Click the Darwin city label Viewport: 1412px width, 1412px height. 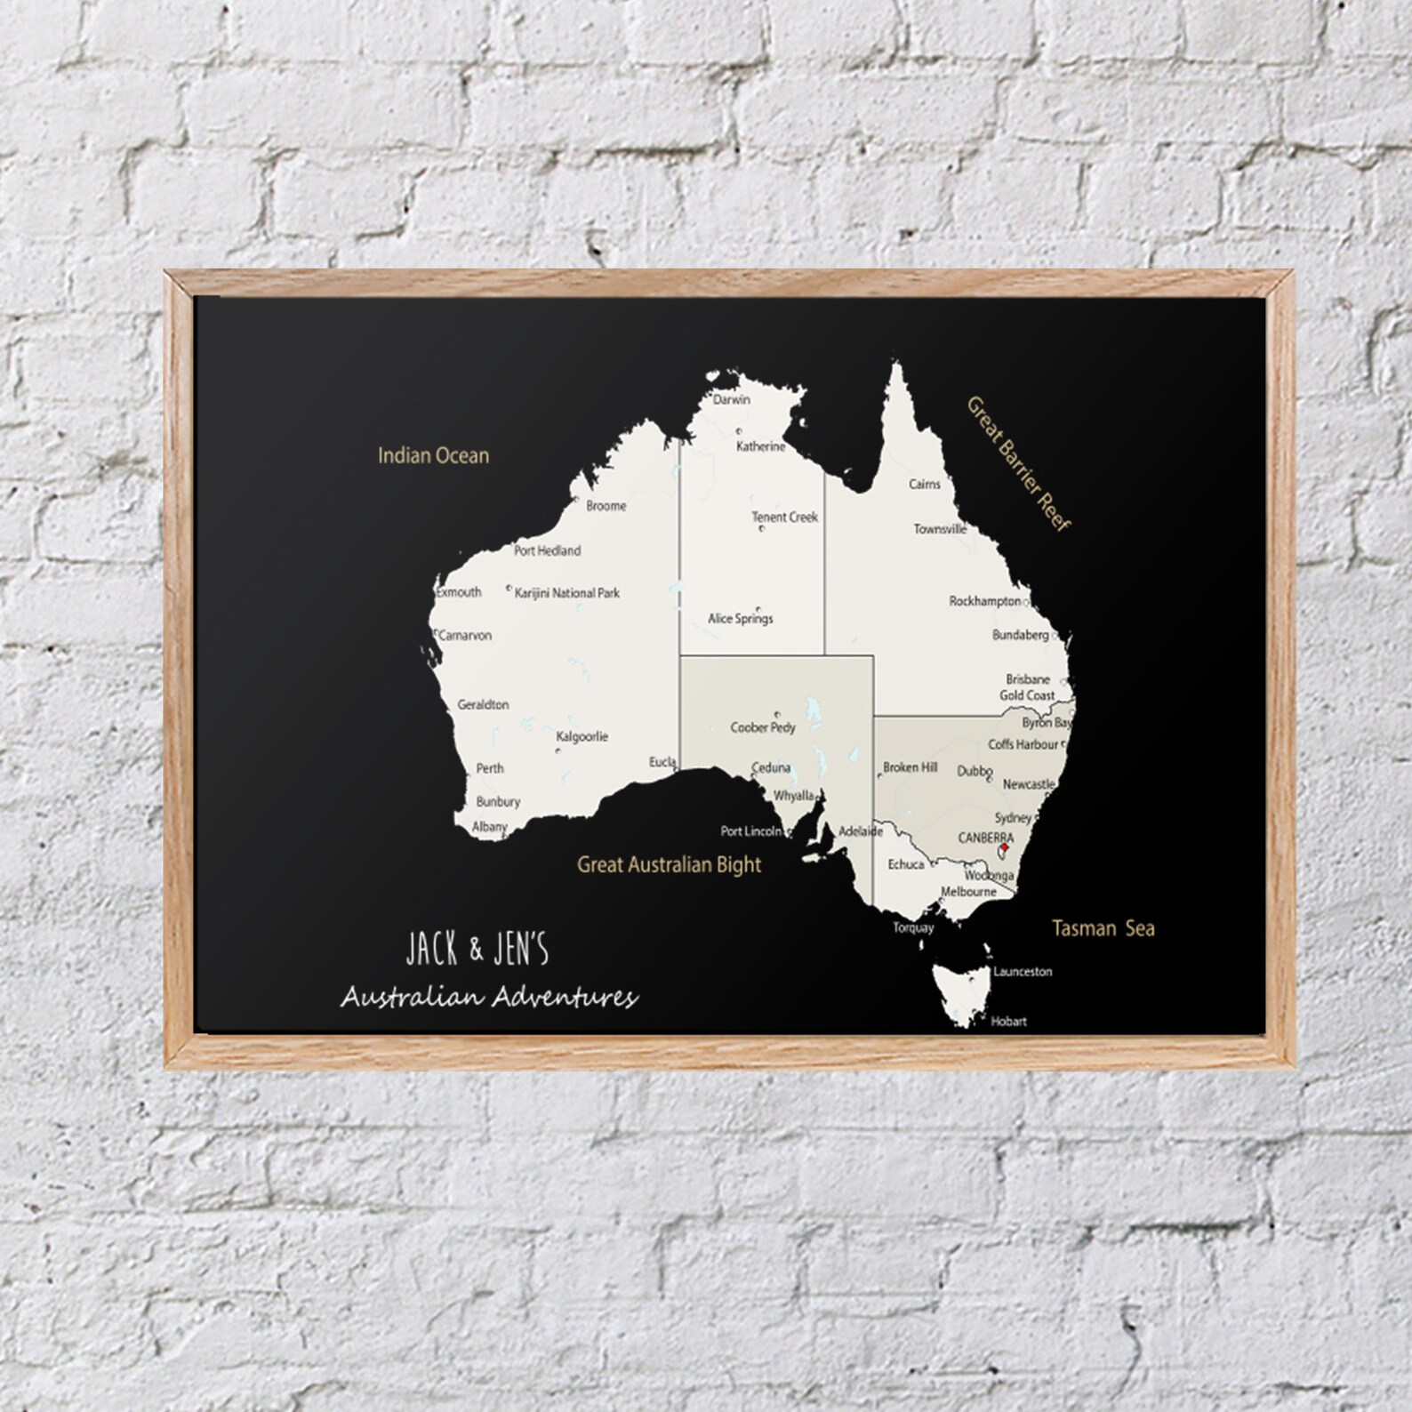tap(731, 399)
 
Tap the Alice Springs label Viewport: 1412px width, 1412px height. tap(740, 618)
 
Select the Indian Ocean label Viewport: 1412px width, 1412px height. tap(433, 456)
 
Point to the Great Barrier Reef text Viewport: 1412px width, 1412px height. tap(1018, 463)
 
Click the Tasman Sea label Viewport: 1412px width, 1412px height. tap(1103, 929)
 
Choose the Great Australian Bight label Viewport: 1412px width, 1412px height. tap(669, 863)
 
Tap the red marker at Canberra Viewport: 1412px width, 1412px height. tap(1004, 848)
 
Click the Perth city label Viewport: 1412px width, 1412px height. tap(490, 768)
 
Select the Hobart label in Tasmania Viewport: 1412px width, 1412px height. tap(1008, 1022)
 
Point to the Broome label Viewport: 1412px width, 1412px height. tap(606, 506)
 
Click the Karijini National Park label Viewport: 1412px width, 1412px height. tap(566, 592)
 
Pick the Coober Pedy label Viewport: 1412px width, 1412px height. tap(762, 727)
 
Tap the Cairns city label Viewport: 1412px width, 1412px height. tap(924, 485)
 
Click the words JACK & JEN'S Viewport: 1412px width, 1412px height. tap(477, 951)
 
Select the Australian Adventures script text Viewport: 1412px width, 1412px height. tap(489, 998)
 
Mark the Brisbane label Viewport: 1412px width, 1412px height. tap(1028, 679)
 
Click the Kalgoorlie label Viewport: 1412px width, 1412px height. tap(582, 736)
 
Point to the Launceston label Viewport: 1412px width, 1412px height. tap(1023, 972)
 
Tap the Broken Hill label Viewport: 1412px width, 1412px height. tap(910, 767)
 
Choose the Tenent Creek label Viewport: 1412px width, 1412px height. tap(784, 517)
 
